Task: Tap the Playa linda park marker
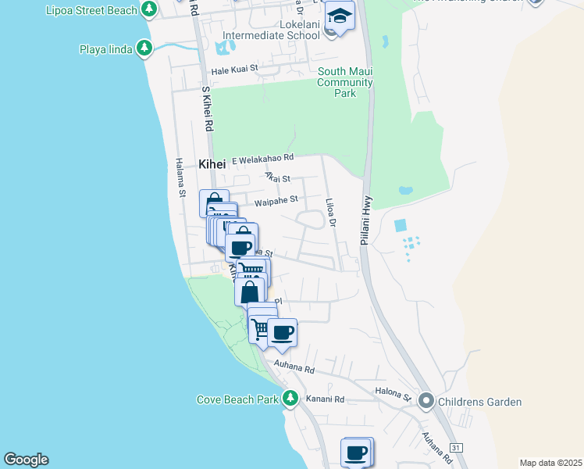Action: tap(144, 49)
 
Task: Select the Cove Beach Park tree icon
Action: tap(290, 399)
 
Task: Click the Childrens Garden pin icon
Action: tap(426, 402)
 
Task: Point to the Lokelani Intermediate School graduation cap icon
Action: tap(340, 16)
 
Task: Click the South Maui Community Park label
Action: tap(344, 82)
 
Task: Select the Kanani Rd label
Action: tap(329, 399)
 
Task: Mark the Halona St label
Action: tap(395, 396)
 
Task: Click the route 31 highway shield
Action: tap(457, 447)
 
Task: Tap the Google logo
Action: tap(26, 460)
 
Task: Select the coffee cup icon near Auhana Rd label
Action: tap(282, 334)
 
